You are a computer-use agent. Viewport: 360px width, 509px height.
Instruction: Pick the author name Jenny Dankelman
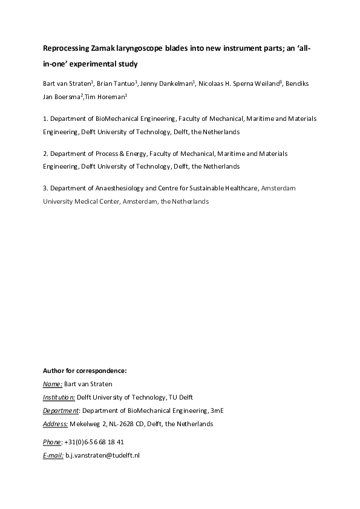click(x=166, y=83)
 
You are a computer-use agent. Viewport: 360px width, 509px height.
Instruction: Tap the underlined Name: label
click(x=53, y=383)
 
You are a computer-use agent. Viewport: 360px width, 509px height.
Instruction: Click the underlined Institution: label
click(x=59, y=397)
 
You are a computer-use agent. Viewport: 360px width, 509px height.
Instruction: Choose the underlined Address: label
click(x=55, y=424)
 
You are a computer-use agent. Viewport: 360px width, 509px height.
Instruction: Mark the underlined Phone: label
click(x=53, y=442)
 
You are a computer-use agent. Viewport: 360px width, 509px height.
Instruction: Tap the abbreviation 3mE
click(x=217, y=410)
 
